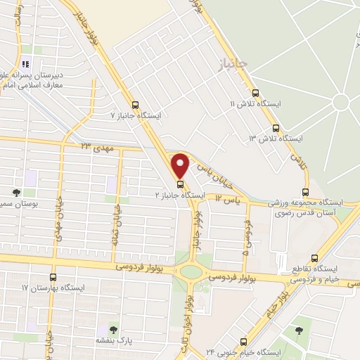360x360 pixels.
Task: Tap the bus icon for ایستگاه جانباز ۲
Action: (x=181, y=185)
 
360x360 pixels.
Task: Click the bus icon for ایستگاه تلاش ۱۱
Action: (x=255, y=93)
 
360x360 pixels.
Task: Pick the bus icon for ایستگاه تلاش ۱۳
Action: (x=275, y=128)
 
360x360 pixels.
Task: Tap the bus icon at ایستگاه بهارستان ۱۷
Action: (x=53, y=277)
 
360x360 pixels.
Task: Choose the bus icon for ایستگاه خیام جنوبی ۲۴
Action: (x=243, y=341)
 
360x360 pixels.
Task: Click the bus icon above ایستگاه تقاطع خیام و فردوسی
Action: (x=314, y=258)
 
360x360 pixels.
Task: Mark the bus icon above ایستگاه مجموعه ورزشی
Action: (x=305, y=191)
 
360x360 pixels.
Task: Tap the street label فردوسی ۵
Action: (x=246, y=236)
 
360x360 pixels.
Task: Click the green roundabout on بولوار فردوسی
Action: (x=190, y=272)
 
